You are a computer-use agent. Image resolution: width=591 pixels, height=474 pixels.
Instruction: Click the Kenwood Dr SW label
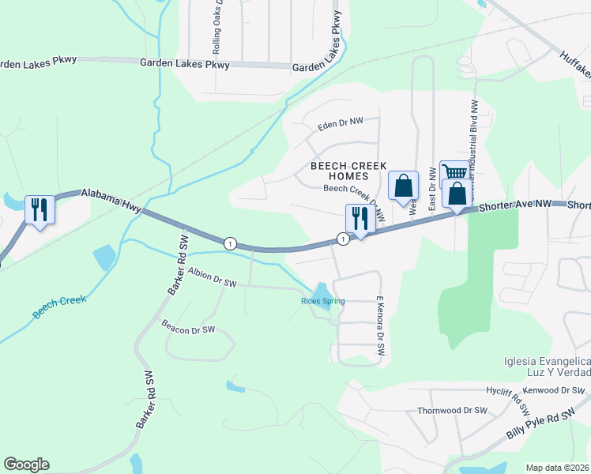[x=559, y=390]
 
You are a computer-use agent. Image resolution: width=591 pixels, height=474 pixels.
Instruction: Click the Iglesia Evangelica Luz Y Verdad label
[x=546, y=367]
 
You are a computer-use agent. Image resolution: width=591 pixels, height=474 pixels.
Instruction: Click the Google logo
[x=26, y=465]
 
